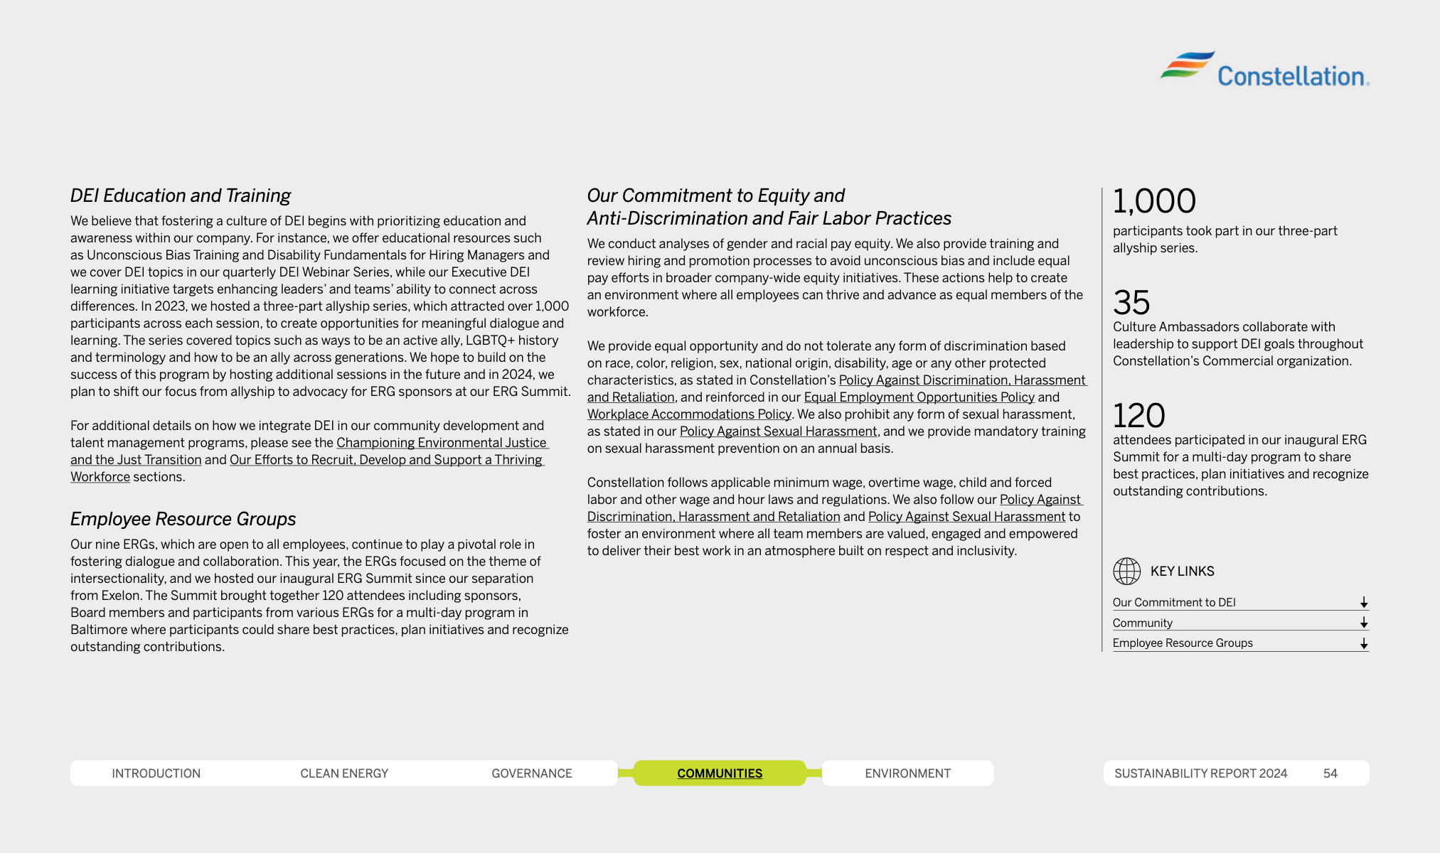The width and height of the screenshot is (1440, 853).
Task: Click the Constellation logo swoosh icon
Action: coord(1187,65)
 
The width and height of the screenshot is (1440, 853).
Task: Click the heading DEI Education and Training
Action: coord(181,195)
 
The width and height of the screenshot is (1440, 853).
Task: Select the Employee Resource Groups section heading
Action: coord(183,519)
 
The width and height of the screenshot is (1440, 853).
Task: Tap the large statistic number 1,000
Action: coord(1154,201)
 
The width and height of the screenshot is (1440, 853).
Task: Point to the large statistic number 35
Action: coord(1131,303)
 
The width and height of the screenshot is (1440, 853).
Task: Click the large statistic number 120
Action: coord(1138,415)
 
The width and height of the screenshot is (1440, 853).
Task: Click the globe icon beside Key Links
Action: coord(1126,571)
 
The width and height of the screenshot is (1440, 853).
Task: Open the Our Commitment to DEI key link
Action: coord(1174,602)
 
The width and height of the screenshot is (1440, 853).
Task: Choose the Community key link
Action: coord(1142,623)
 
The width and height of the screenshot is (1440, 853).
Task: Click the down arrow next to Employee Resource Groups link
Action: coord(1363,643)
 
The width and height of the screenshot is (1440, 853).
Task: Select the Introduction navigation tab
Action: coord(156,773)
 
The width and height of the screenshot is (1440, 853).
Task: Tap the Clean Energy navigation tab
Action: coord(344,773)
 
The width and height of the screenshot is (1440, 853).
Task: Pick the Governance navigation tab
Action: coord(531,773)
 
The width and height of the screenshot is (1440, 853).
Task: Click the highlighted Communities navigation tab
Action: coord(719,773)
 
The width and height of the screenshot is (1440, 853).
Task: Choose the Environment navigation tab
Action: coord(907,773)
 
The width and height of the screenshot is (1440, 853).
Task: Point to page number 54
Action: coord(1330,773)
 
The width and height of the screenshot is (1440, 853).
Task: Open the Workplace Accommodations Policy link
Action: coord(688,414)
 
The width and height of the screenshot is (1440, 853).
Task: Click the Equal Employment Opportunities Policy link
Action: coord(919,397)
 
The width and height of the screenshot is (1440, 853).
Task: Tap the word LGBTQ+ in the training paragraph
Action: coord(489,340)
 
